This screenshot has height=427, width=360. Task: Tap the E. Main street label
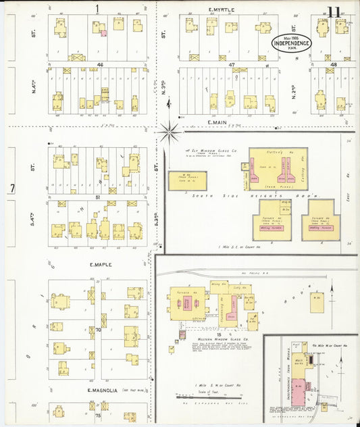pyautogui.click(x=220, y=122)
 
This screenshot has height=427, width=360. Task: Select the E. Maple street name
pyautogui.click(x=99, y=264)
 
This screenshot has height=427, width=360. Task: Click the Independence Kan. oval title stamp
pyautogui.click(x=292, y=42)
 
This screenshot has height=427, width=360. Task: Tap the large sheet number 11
pyautogui.click(x=334, y=11)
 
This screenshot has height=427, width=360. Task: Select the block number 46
pyautogui.click(x=100, y=64)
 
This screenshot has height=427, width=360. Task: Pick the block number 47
pyautogui.click(x=231, y=64)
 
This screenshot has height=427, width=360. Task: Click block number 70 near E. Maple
pyautogui.click(x=99, y=330)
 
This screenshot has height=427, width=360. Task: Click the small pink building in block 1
pyautogui.click(x=103, y=32)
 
